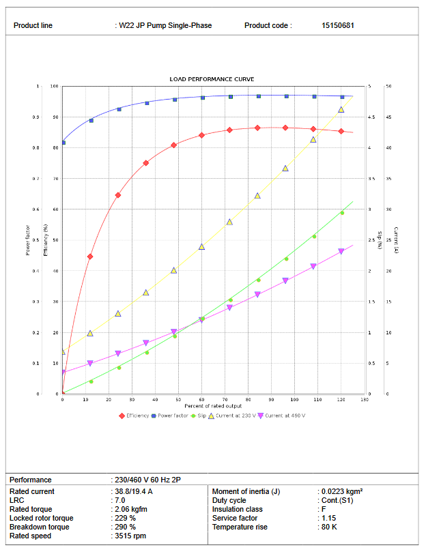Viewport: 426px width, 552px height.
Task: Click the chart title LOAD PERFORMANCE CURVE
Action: coord(212,79)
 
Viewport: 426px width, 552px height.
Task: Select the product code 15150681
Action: coord(337,26)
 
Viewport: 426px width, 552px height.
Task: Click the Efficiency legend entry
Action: coord(137,416)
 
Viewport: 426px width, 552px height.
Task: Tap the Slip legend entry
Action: coord(199,416)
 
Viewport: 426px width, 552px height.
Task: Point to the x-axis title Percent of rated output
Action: coord(212,407)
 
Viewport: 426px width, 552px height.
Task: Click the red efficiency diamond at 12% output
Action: coord(90,257)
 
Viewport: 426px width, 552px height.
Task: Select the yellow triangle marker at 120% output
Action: coord(341,110)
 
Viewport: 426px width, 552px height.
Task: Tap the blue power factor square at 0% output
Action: coord(63,143)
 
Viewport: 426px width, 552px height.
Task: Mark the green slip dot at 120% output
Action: coord(342,213)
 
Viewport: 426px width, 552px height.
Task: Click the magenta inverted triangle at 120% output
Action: coord(341,252)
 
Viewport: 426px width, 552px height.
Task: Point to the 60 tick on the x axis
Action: coord(201,399)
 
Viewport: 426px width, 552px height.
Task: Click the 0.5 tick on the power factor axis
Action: coord(38,240)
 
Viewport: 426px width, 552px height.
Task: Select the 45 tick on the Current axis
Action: coord(388,117)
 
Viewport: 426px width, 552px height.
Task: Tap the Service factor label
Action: coord(234,518)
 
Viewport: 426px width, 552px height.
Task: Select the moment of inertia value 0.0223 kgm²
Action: coord(341,491)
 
